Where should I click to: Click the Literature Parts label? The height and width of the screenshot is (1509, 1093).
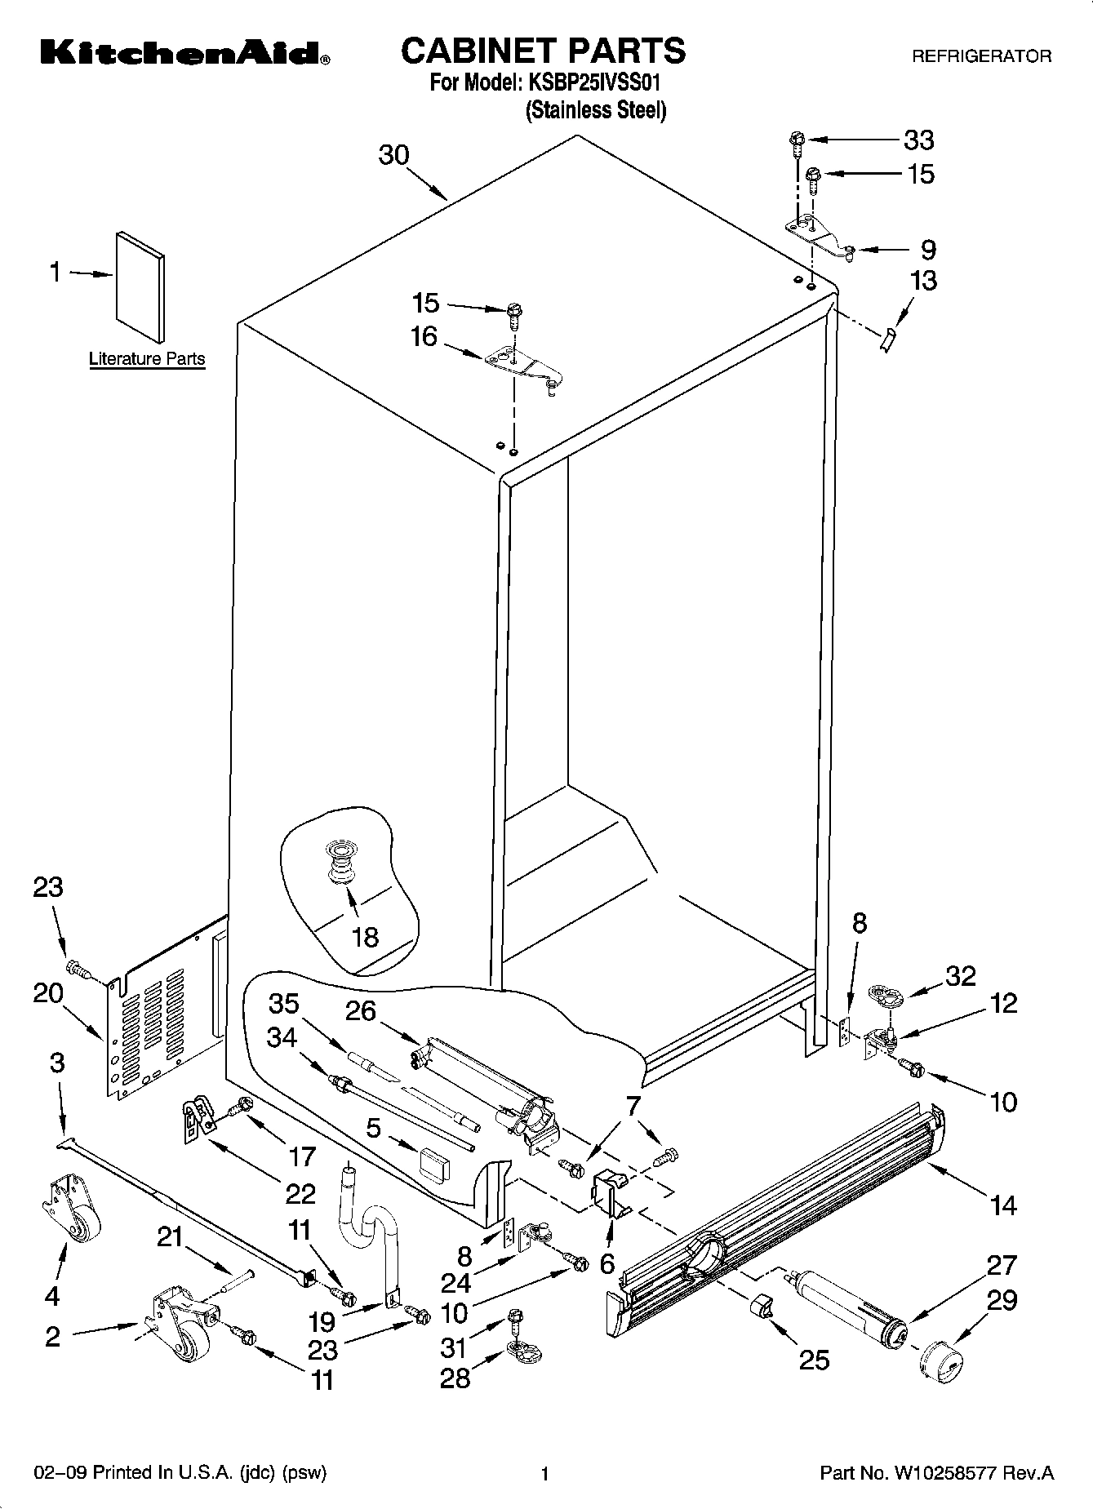click(147, 359)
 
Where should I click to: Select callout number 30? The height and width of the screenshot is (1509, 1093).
click(393, 155)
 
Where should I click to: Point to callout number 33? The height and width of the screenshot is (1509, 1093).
click(918, 140)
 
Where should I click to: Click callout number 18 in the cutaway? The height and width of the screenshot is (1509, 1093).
click(365, 936)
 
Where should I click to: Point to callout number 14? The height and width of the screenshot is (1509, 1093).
click(1003, 1204)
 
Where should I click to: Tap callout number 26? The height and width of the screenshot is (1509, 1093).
click(360, 1012)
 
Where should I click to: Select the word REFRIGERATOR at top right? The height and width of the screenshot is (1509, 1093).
click(981, 56)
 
